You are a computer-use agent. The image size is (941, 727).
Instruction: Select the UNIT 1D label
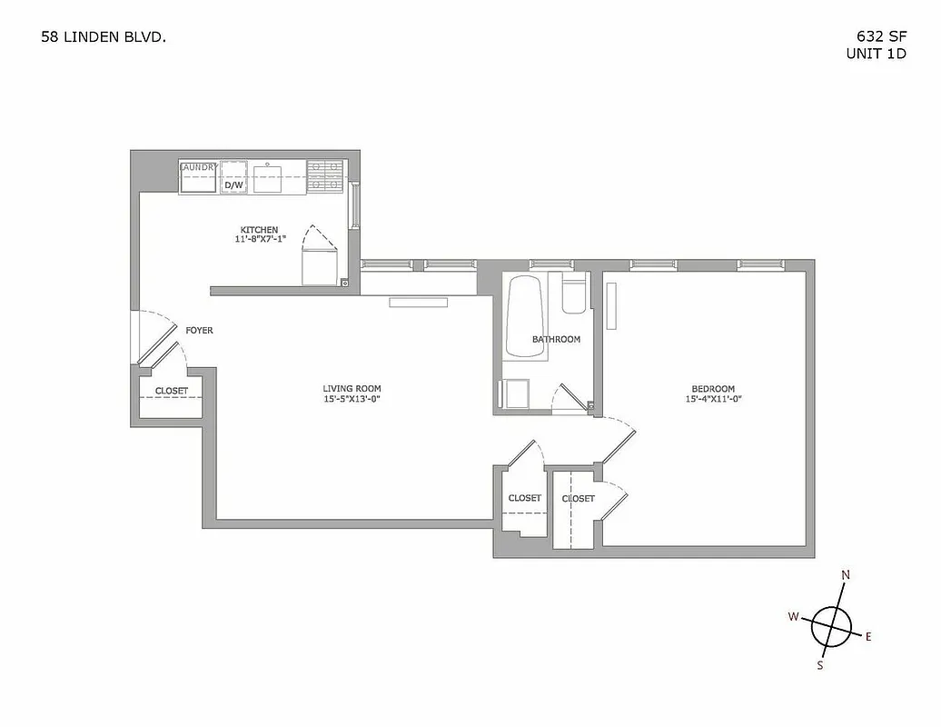click(877, 54)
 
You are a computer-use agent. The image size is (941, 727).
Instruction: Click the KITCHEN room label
click(259, 229)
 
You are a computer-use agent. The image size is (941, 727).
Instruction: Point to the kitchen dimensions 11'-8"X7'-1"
click(259, 240)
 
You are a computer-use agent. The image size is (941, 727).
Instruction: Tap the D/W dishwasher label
click(233, 185)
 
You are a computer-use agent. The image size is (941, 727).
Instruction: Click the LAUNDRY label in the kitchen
click(199, 167)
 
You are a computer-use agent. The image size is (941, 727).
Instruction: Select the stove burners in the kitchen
click(322, 177)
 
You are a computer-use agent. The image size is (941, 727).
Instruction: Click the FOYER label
click(199, 330)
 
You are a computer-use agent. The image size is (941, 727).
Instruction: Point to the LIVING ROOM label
click(352, 388)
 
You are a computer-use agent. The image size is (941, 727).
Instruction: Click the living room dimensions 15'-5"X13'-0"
click(352, 399)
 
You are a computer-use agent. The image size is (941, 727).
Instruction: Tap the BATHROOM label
click(556, 340)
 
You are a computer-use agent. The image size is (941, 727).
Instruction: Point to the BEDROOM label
click(710, 388)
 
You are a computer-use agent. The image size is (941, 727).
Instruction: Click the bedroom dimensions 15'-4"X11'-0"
click(710, 399)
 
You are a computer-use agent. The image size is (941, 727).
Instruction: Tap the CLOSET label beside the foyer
click(172, 391)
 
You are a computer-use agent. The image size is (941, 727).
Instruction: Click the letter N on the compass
click(846, 575)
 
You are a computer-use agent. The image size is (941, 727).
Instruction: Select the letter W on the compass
click(793, 616)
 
